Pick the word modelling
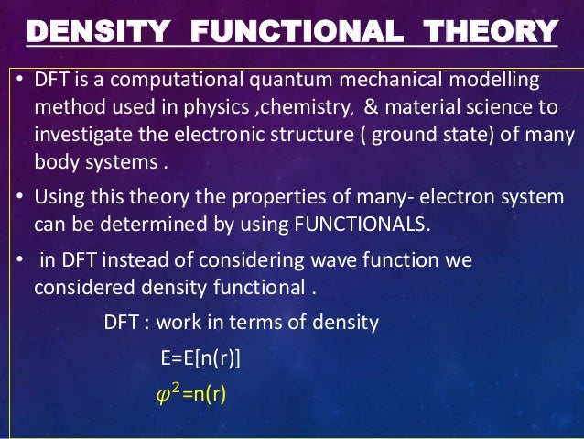coord(498,81)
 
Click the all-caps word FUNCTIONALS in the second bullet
coord(367,223)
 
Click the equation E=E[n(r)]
coord(200,357)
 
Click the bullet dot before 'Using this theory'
coord(20,197)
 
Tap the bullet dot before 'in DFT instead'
coord(20,259)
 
